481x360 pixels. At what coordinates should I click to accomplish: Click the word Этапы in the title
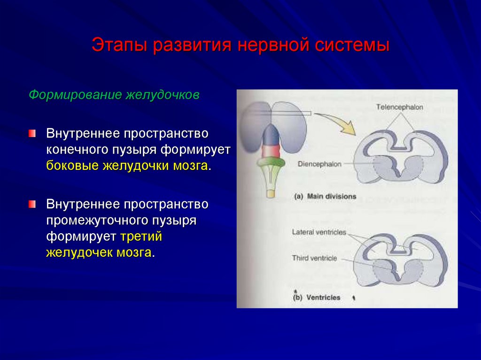click(x=117, y=46)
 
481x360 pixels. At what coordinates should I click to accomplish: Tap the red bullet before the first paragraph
click(x=31, y=134)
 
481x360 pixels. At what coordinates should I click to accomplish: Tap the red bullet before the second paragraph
click(x=31, y=204)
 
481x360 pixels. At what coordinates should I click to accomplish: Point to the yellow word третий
click(x=141, y=236)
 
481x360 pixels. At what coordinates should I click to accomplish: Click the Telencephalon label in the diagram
click(x=400, y=107)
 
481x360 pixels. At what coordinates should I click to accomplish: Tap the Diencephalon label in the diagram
click(x=319, y=164)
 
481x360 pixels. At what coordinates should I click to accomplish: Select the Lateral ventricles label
click(x=318, y=232)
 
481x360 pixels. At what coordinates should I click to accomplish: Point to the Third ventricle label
click(x=314, y=258)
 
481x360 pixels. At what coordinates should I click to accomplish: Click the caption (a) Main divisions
click(x=325, y=196)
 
